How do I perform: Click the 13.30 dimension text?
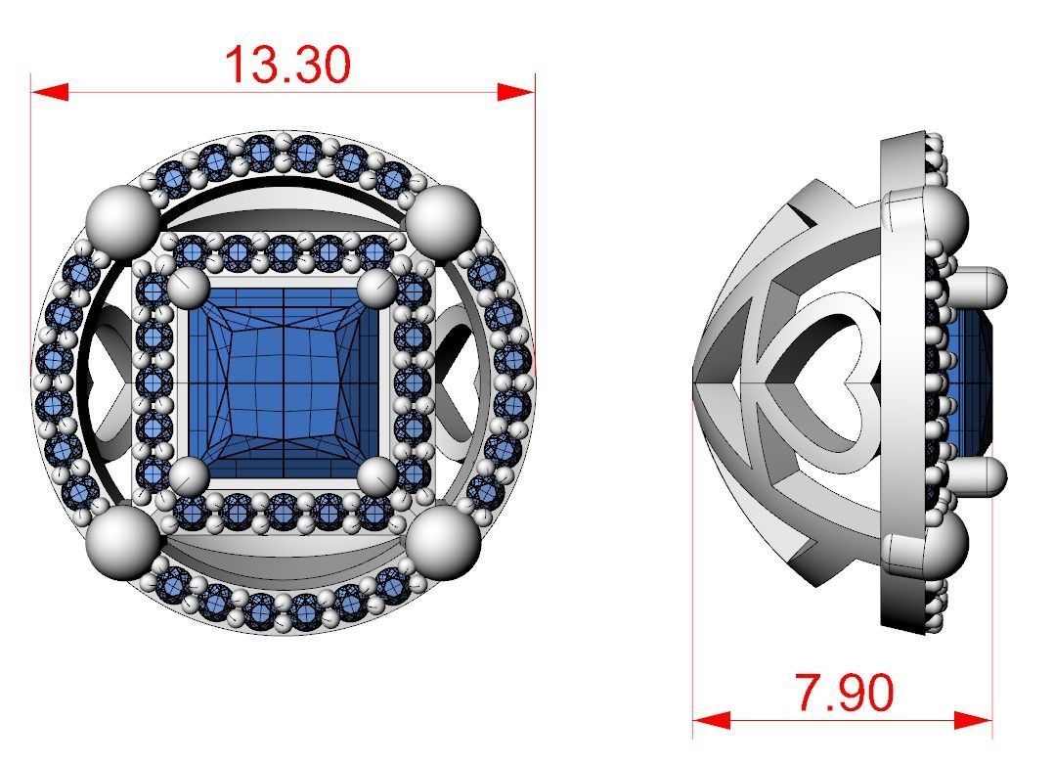click(x=286, y=65)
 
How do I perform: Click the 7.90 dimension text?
click(x=844, y=693)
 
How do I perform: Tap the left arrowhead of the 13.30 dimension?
click(x=50, y=92)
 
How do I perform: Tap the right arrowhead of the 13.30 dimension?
click(x=515, y=92)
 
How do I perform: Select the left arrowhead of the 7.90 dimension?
click(x=711, y=720)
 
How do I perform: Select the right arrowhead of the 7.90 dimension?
click(x=974, y=720)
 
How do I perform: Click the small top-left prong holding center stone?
click(x=190, y=289)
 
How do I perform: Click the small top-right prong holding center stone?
click(x=377, y=289)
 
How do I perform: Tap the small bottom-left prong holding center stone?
click(x=190, y=476)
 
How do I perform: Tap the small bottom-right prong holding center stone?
click(x=377, y=476)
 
